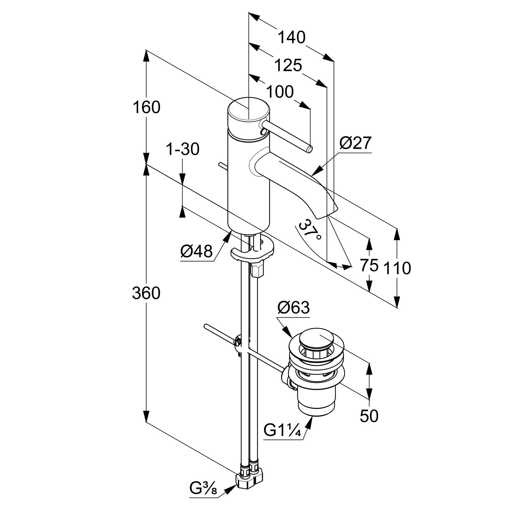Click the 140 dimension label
pyautogui.click(x=291, y=37)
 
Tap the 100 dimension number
pyautogui.click(x=280, y=92)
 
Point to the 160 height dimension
pyautogui.click(x=146, y=107)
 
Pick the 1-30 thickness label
pyautogui.click(x=183, y=149)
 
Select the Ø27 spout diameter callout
pyautogui.click(x=355, y=144)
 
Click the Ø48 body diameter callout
pyautogui.click(x=196, y=251)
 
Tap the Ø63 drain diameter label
pyautogui.click(x=293, y=308)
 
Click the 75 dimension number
pyautogui.click(x=369, y=265)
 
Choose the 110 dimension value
pyautogui.click(x=397, y=268)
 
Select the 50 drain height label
pyautogui.click(x=369, y=416)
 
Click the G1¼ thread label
pyautogui.click(x=282, y=431)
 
